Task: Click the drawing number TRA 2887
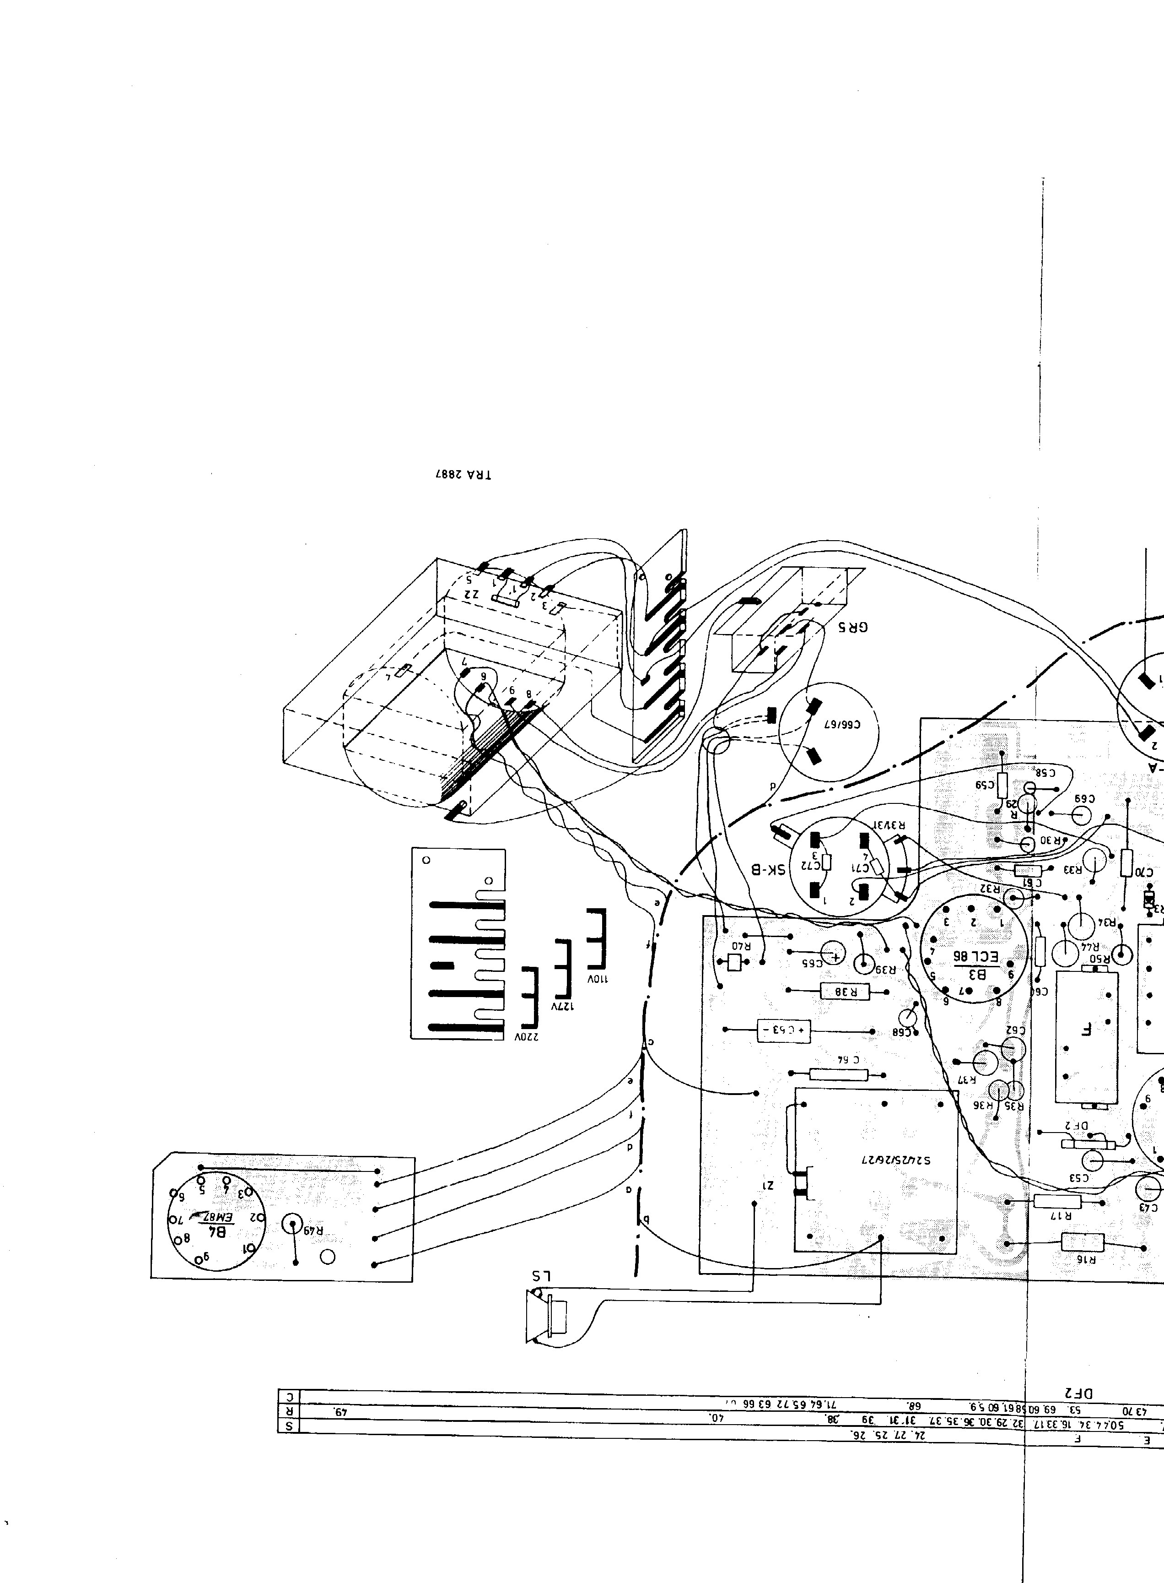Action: tap(463, 474)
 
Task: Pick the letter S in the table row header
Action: tap(289, 1426)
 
